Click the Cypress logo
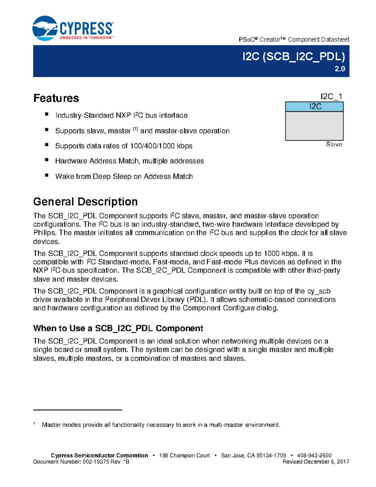point(73,29)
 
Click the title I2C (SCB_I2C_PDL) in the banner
point(294,57)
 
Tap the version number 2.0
point(340,69)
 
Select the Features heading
point(56,98)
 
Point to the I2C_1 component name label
point(331,96)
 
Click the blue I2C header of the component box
point(314,107)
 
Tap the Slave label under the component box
point(334,144)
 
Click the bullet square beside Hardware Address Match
point(47,160)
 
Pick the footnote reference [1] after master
point(135,129)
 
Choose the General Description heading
point(85,202)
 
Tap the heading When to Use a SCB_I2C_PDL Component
point(118,328)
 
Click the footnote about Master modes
point(161,425)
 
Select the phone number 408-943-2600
point(314,456)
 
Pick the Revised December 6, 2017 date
point(316,462)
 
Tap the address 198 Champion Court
point(184,456)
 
